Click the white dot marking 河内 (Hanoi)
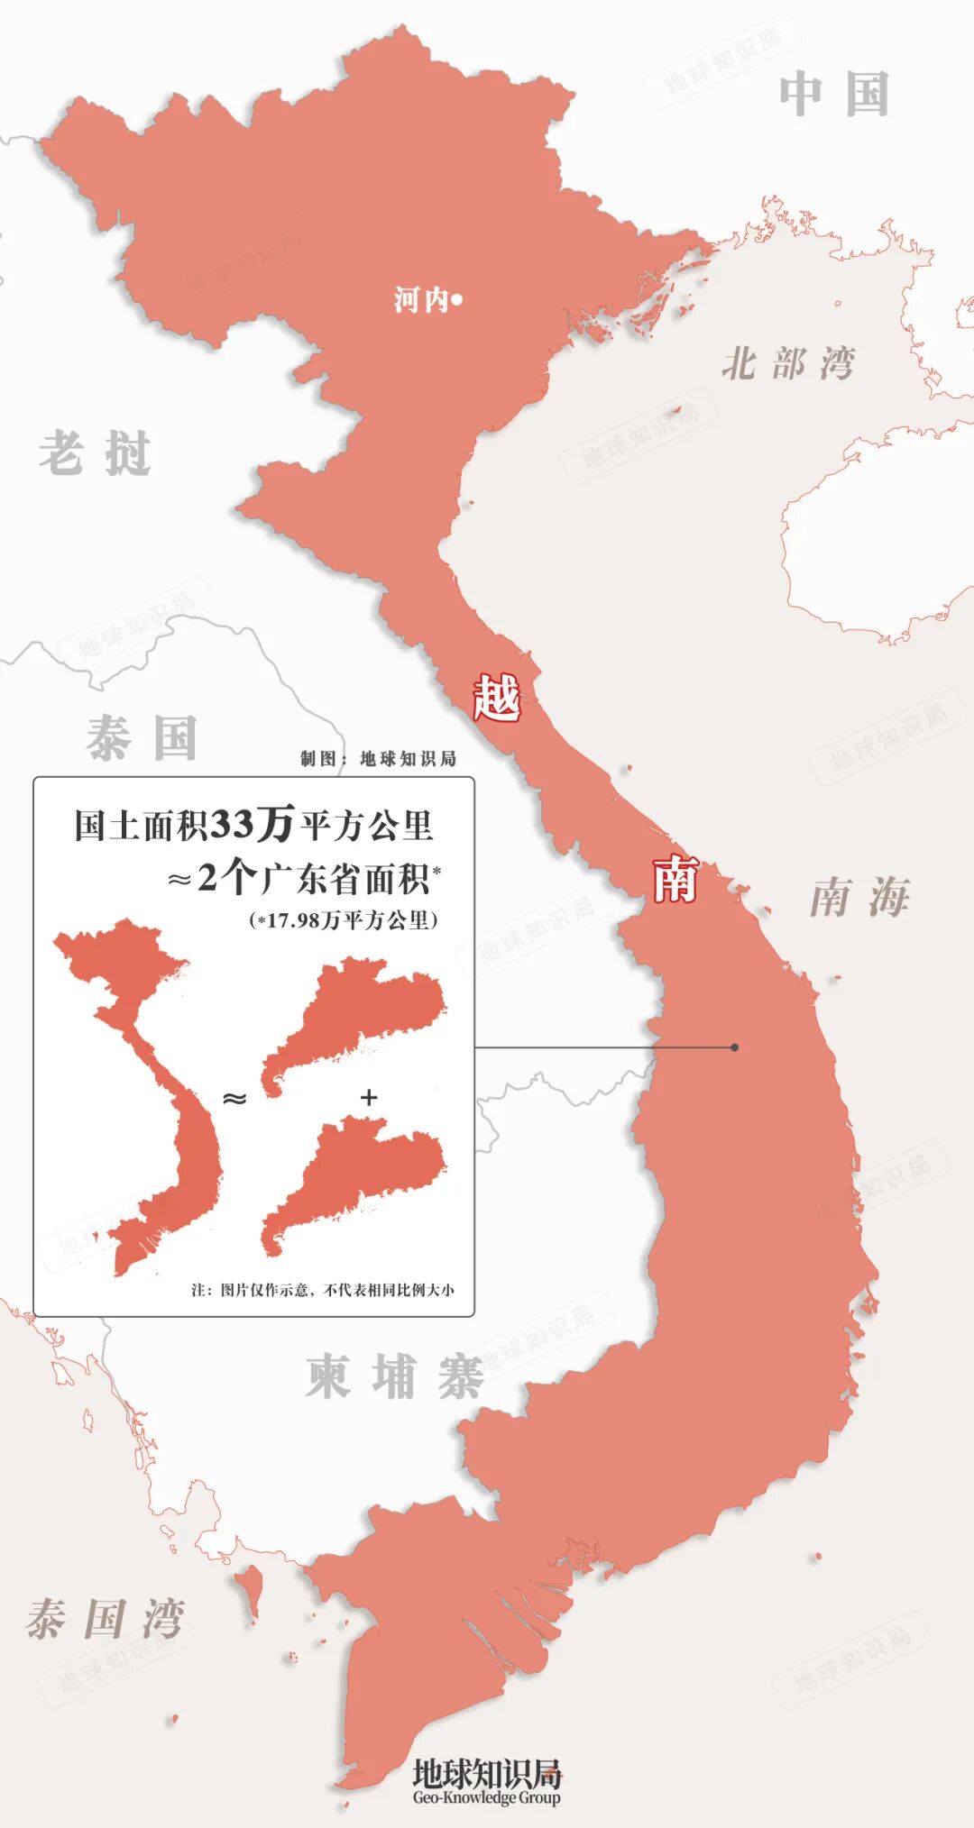coord(456,300)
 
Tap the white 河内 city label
coord(421,300)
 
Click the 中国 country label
coord(834,95)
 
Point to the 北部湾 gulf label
coord(787,364)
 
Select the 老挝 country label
coord(95,453)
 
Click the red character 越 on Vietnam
coord(497,698)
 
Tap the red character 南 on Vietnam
coord(675,879)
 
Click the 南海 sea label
coord(859,898)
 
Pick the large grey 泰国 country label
coord(142,738)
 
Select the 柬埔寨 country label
coord(394,1376)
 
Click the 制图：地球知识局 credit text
coord(378,759)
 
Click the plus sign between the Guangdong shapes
coord(368,1097)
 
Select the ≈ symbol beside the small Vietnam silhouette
coord(234,1098)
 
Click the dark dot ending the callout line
coord(735,1047)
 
